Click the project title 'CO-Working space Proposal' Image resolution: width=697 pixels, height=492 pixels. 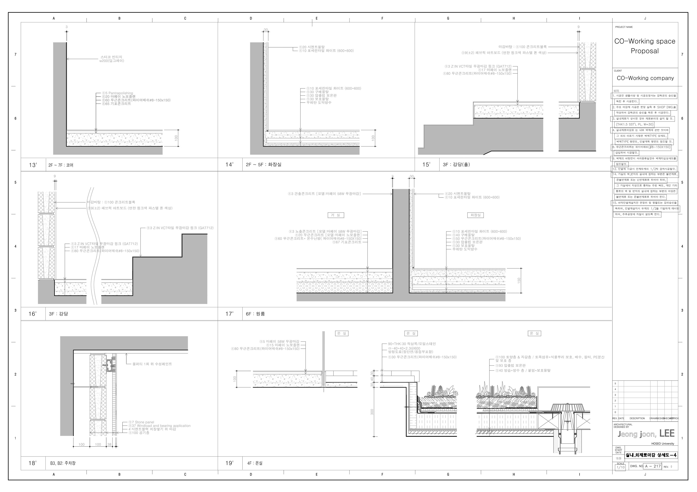(645, 46)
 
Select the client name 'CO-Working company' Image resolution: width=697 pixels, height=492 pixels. (645, 78)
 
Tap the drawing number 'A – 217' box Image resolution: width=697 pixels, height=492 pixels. (653, 466)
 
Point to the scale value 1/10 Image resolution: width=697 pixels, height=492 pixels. (621, 468)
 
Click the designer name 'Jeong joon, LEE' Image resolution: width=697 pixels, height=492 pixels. (646, 434)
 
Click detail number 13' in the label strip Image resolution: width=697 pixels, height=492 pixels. (33, 165)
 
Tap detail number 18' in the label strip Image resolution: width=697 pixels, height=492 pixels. (32, 463)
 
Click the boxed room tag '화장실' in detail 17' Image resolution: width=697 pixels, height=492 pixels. (475, 215)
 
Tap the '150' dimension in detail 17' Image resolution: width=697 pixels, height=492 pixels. (519, 280)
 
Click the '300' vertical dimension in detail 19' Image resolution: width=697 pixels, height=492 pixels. (372, 412)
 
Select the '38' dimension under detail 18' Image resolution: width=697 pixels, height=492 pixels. (109, 444)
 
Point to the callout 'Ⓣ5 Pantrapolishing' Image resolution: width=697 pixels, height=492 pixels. (117, 93)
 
